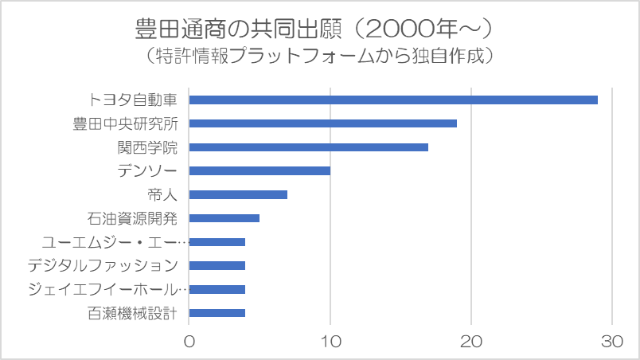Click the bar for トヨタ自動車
(x=393, y=100)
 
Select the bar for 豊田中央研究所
(x=322, y=123)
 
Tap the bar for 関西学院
(x=308, y=147)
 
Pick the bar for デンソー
(x=260, y=170)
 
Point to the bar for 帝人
(x=238, y=194)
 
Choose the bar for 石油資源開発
(x=224, y=218)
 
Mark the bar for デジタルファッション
(x=217, y=265)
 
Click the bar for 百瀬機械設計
(x=217, y=313)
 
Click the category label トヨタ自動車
(x=133, y=100)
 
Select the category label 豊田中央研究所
(x=125, y=124)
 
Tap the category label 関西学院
(x=147, y=147)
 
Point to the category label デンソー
(x=147, y=171)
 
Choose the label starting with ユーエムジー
(x=114, y=242)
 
